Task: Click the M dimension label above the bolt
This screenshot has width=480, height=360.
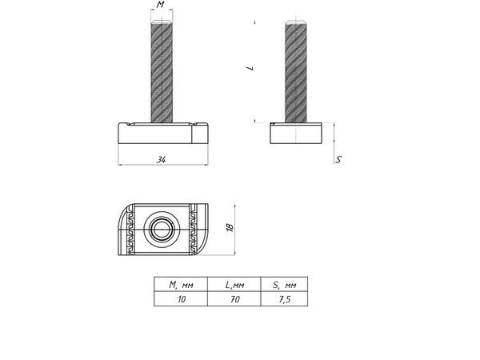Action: [161, 6]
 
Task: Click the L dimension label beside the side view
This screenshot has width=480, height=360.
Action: [250, 68]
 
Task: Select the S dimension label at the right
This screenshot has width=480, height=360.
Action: [339, 160]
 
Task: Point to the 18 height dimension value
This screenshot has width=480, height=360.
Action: [230, 229]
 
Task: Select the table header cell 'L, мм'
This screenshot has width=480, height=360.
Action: [234, 284]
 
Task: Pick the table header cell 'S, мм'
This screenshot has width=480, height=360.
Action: [284, 284]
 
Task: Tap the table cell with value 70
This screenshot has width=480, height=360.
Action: [234, 298]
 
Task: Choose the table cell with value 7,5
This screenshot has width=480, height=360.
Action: [284, 298]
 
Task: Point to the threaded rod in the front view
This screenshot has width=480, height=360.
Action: [161, 72]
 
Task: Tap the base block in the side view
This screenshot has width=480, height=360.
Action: [298, 133]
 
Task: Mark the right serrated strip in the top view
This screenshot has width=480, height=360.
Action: [194, 230]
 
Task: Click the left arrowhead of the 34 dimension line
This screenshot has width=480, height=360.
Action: [122, 166]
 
